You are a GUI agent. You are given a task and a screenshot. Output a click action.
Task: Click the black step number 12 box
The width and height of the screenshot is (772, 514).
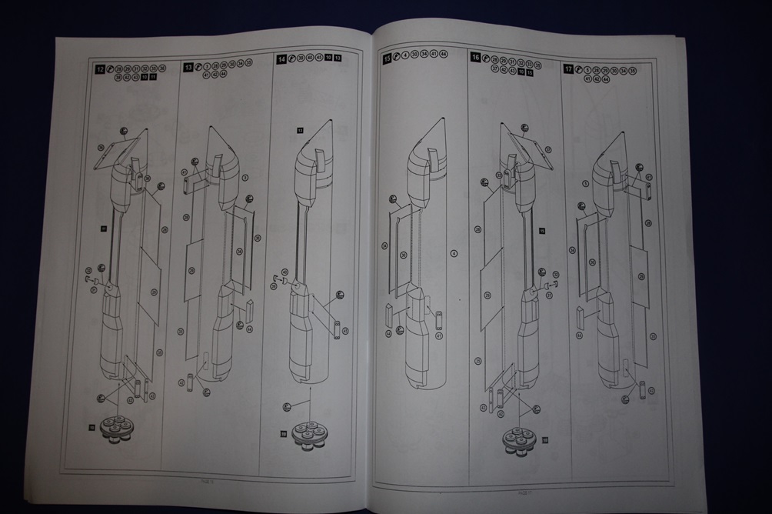pyautogui.click(x=99, y=68)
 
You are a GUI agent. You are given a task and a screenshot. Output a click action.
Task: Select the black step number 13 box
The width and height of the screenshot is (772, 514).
pyautogui.click(x=188, y=68)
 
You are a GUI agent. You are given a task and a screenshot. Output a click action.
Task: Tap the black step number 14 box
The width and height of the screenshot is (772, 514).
pyautogui.click(x=281, y=58)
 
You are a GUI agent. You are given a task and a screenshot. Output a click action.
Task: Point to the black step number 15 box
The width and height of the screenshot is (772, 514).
pyautogui.click(x=387, y=58)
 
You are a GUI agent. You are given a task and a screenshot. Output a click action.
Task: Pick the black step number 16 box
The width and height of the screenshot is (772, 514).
pyautogui.click(x=475, y=58)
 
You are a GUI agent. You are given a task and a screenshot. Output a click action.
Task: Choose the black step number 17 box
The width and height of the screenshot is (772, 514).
pyautogui.click(x=568, y=68)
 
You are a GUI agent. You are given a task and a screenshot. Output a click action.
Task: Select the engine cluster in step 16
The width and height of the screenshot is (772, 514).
pyautogui.click(x=519, y=438)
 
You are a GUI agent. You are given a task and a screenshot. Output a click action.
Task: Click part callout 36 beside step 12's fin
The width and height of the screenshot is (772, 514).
pyautogui.click(x=101, y=146)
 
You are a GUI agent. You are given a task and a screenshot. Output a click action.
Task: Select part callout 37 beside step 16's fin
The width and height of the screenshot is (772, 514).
pyautogui.click(x=547, y=149)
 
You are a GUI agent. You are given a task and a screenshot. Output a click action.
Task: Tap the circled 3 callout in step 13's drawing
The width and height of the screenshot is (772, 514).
pyautogui.click(x=245, y=177)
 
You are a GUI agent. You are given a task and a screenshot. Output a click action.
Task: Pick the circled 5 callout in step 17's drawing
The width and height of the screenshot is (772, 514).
pyautogui.click(x=586, y=183)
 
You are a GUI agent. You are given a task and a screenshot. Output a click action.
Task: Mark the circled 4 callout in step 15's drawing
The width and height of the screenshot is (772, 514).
pyautogui.click(x=454, y=253)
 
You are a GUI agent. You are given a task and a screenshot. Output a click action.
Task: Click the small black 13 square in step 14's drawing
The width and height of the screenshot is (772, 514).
pyautogui.click(x=301, y=132)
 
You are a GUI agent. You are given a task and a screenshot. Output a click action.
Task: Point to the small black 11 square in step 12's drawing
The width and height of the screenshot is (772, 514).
pyautogui.click(x=103, y=229)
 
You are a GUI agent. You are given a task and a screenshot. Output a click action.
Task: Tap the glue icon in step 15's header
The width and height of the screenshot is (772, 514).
pyautogui.click(x=398, y=58)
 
